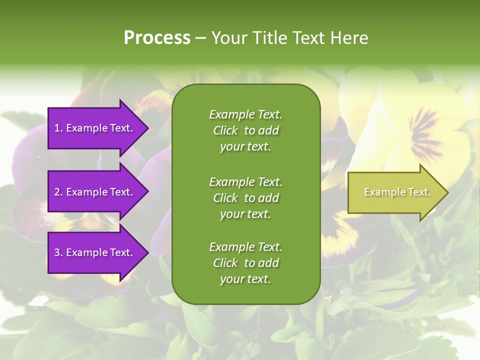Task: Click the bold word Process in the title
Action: [157, 38]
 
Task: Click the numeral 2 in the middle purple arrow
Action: [57, 192]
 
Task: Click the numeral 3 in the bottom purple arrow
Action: [57, 252]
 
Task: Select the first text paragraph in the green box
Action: [245, 130]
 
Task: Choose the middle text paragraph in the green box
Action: [245, 198]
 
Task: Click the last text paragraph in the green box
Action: [245, 263]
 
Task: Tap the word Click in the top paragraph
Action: [225, 130]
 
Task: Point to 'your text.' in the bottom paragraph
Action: [245, 279]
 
